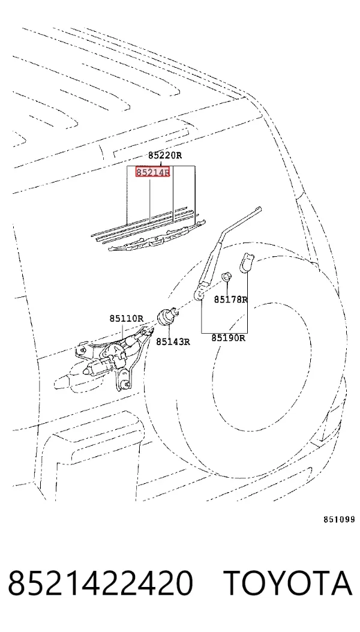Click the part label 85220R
[x=165, y=155]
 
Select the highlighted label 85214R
[x=152, y=172]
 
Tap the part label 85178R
[x=230, y=299]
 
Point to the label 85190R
[x=228, y=338]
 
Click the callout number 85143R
[x=173, y=342]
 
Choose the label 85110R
[x=126, y=319]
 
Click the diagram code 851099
[x=339, y=520]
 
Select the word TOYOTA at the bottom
[x=288, y=583]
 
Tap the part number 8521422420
[x=100, y=583]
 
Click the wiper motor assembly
[x=114, y=357]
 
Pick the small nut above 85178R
[x=227, y=277]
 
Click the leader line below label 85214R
[x=151, y=200]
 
